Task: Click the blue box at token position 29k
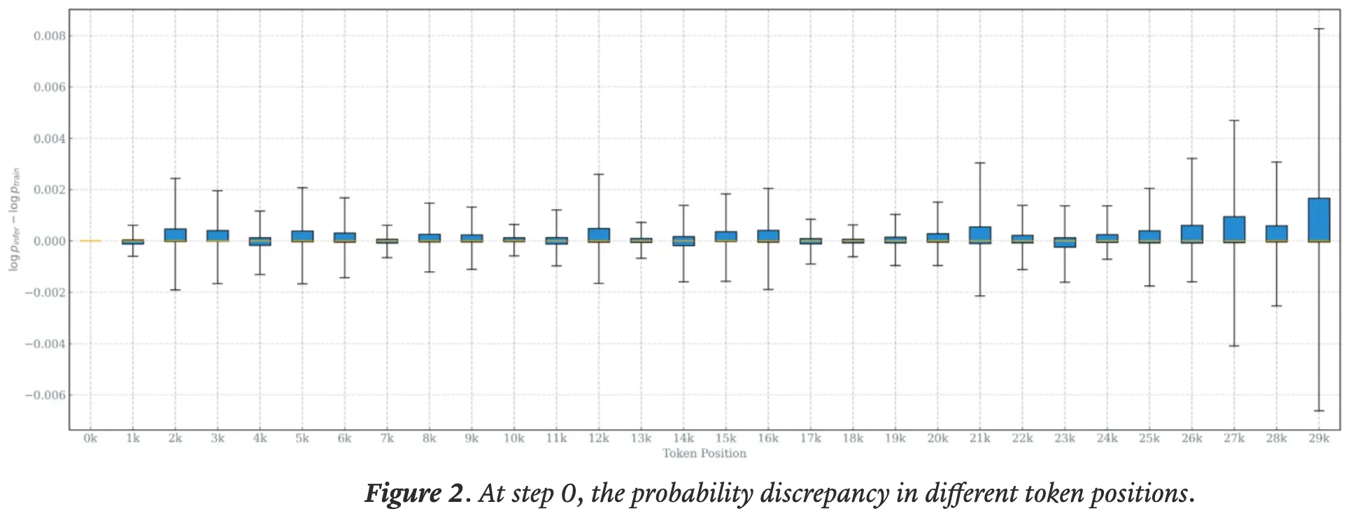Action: tap(1319, 220)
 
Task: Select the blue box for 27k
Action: tap(1234, 229)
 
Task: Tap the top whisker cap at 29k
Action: tap(1319, 29)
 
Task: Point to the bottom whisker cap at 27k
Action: tap(1234, 346)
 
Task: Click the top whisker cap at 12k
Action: tap(599, 174)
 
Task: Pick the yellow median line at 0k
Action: tap(90, 240)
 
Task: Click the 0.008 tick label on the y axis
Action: tap(50, 36)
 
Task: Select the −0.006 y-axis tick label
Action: tap(45, 395)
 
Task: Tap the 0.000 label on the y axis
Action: tap(50, 241)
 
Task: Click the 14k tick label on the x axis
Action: tap(683, 438)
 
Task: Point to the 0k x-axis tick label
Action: tap(90, 438)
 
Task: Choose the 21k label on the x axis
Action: tap(980, 438)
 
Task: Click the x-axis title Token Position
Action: tap(704, 453)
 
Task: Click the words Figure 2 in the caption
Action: tap(413, 494)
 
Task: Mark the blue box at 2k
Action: tap(175, 235)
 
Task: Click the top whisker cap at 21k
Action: tap(980, 163)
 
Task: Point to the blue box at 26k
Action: tap(1192, 233)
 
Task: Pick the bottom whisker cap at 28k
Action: tap(1277, 305)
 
